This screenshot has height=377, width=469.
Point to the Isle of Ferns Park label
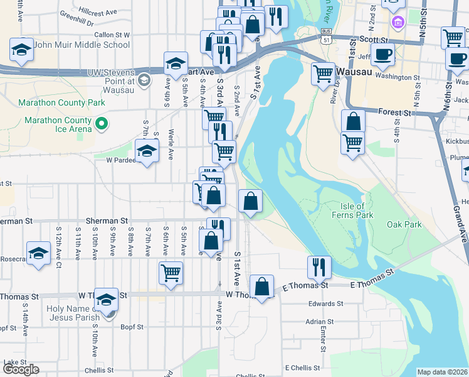coord(352,210)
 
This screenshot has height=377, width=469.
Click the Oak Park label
coord(404,224)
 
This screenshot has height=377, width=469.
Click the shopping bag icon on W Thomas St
coord(262,287)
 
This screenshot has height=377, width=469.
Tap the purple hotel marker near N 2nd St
coord(396,23)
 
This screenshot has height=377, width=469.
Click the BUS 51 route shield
coord(325,35)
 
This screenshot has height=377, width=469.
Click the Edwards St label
coord(325,303)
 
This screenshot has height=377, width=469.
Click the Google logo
coord(21,369)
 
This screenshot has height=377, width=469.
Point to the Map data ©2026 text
coord(442,372)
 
